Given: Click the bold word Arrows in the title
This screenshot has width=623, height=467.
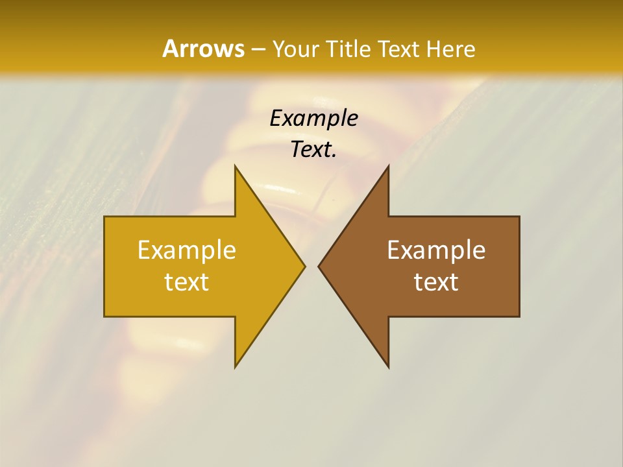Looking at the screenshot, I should [202, 49].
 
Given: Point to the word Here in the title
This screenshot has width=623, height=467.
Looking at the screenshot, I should [451, 49].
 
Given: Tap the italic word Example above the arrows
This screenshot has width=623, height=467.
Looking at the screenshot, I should [313, 118].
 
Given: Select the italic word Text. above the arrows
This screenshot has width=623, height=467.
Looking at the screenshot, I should [313, 149].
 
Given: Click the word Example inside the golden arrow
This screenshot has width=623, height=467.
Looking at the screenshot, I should [187, 250].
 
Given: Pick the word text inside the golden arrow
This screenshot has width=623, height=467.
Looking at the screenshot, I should [187, 282].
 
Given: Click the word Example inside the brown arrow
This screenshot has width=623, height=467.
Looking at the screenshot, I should [436, 250].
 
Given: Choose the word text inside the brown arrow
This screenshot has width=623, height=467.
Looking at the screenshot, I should [436, 282].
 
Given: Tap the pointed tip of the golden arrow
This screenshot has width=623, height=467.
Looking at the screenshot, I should [304, 266].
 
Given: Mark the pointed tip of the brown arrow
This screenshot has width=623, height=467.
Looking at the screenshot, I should [319, 266].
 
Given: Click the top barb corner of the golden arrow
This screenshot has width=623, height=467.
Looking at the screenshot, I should [235, 166].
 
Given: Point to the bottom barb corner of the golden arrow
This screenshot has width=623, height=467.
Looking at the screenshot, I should [235, 366].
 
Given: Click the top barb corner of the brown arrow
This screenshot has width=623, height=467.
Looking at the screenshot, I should [388, 166].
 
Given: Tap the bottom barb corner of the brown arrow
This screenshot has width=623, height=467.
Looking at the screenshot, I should [388, 366].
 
